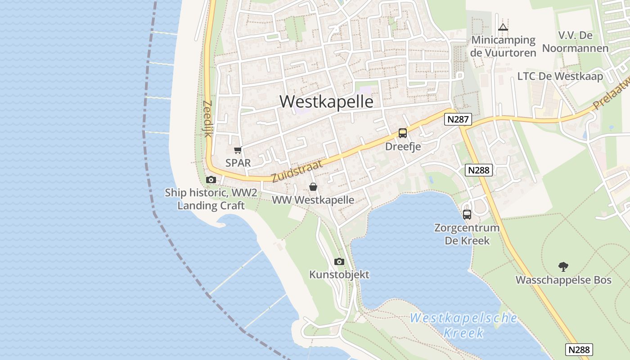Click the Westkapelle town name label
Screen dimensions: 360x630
pos(326,102)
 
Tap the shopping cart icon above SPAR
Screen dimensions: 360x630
pos(238,150)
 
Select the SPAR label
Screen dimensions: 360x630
pos(238,163)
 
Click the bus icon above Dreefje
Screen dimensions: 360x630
pos(402,133)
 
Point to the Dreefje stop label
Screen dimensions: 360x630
pos(403,147)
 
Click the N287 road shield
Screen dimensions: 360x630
pos(458,119)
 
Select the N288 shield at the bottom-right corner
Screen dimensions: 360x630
pos(579,350)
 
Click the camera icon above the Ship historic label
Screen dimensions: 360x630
pos(211,180)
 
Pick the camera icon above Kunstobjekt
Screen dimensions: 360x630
pos(339,261)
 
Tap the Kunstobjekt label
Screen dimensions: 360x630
pos(339,274)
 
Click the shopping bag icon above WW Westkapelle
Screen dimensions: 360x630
pos(313,187)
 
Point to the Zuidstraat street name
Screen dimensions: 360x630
pos(297,171)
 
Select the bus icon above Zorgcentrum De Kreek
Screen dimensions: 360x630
pos(467,215)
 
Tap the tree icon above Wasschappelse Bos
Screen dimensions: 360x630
pos(563,267)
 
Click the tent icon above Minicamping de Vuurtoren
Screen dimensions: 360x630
pos(503,27)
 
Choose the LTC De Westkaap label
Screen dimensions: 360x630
pos(560,76)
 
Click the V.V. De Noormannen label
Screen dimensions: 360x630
pos(575,42)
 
